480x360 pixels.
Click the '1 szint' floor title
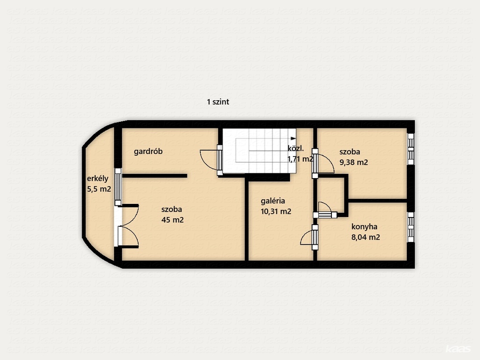218,102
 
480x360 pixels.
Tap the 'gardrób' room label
148,151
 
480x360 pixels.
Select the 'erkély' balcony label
97,179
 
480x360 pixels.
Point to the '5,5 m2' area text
99,189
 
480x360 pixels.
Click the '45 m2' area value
172,220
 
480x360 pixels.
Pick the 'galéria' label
273,201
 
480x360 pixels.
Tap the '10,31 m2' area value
276,211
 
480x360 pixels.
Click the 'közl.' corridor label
296,149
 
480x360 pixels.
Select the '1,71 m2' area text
300,159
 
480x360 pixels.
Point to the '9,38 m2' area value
353,162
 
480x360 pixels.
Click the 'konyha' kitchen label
364,227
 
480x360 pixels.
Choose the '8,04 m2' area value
366,237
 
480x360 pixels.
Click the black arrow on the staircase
293,138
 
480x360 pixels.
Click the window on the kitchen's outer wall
411,227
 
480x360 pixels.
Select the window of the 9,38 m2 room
411,149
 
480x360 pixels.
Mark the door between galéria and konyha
315,237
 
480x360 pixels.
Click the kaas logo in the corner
458,349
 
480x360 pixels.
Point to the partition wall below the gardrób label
155,176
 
